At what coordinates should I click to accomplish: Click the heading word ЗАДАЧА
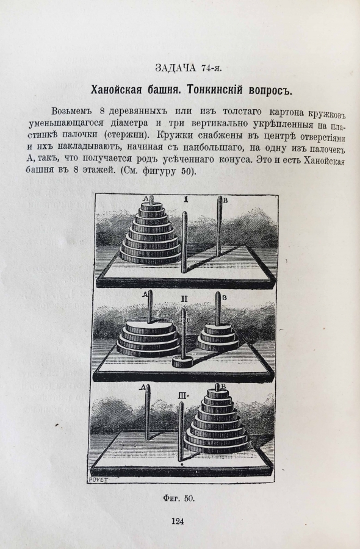(x=176, y=68)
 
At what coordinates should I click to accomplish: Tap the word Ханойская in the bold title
(x=116, y=90)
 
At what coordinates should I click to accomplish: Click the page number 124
(x=178, y=521)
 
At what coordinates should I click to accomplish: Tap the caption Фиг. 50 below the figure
(x=179, y=498)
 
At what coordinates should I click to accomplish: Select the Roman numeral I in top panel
(x=186, y=199)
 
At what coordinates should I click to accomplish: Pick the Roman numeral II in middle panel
(x=184, y=299)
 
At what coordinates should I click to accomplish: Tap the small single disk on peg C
(x=182, y=362)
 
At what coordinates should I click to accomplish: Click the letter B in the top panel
(x=226, y=201)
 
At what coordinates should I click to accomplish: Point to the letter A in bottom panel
(x=142, y=387)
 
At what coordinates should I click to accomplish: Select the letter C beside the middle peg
(x=188, y=319)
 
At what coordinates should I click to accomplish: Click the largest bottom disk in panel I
(x=150, y=255)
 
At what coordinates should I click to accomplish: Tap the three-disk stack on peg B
(x=218, y=337)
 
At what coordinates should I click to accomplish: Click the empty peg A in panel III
(x=148, y=412)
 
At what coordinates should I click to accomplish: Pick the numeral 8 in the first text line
(x=103, y=112)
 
